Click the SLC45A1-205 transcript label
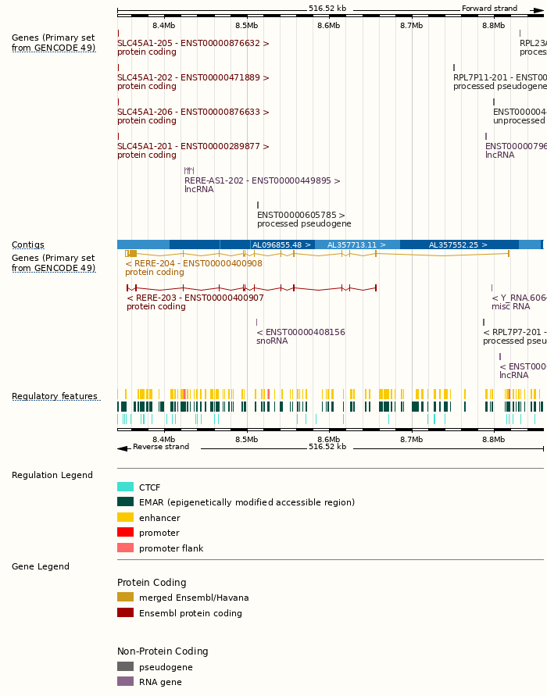tap(193, 44)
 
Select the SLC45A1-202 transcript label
tap(193, 78)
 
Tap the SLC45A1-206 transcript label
tap(193, 112)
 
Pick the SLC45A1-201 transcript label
tap(193, 147)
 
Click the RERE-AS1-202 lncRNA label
tap(262, 181)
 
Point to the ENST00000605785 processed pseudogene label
tap(301, 216)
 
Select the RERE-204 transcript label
tap(194, 264)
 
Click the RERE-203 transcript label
tap(195, 298)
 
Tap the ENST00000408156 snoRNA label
tap(301, 333)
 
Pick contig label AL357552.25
tap(458, 245)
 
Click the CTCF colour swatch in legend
tap(125, 487)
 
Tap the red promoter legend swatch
tap(125, 532)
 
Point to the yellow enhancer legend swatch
tap(125, 517)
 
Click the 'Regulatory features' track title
tap(55, 397)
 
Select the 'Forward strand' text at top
tap(489, 9)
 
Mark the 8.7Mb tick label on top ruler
tap(411, 26)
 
